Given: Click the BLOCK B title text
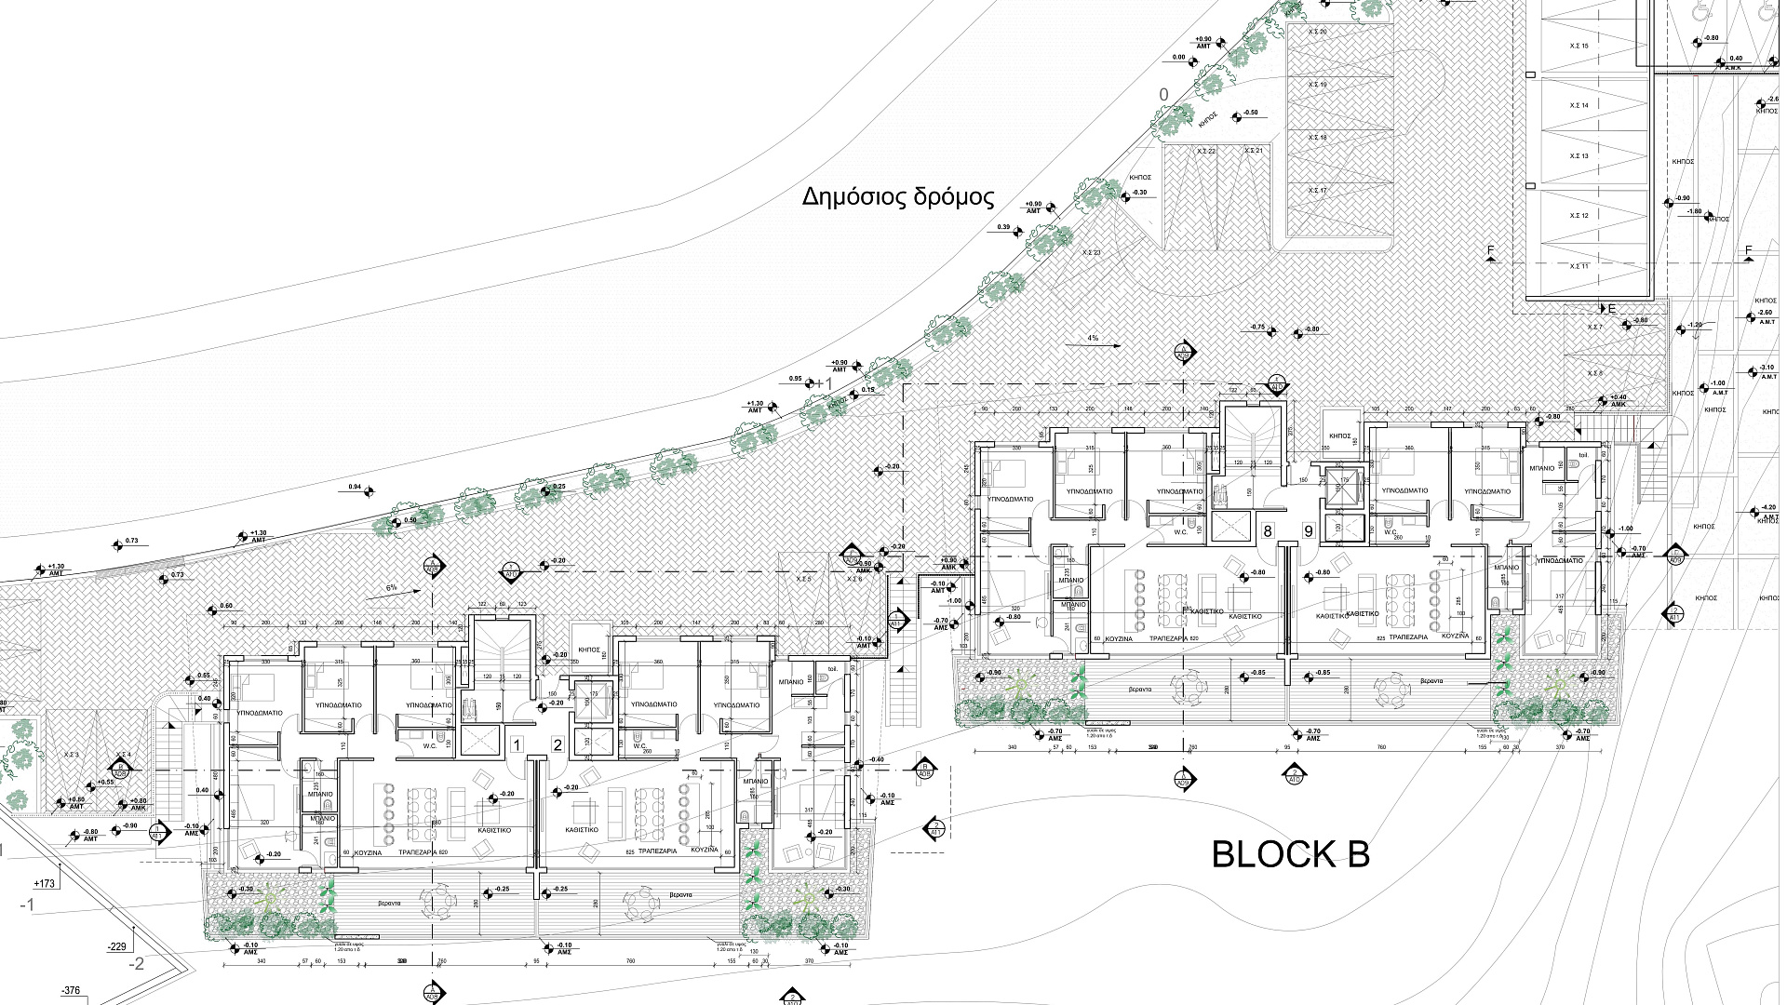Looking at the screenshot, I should point(1290,853).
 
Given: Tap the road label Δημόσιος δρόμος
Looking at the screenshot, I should point(898,197).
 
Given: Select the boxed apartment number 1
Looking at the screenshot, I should point(517,744).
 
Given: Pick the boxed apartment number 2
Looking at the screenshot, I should point(558,744).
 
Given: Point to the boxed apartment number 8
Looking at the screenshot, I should point(1267,531).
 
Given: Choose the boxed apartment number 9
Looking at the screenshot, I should point(1308,531).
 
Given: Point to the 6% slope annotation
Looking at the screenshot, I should point(391,587).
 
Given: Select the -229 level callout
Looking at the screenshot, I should point(116,946).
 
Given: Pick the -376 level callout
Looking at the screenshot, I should point(72,991).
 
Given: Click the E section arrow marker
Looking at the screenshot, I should point(1612,309).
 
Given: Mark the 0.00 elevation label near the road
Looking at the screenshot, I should point(1179,58).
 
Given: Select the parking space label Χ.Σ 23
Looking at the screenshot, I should point(1091,253).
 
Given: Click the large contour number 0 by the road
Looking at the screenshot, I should point(1162,95).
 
